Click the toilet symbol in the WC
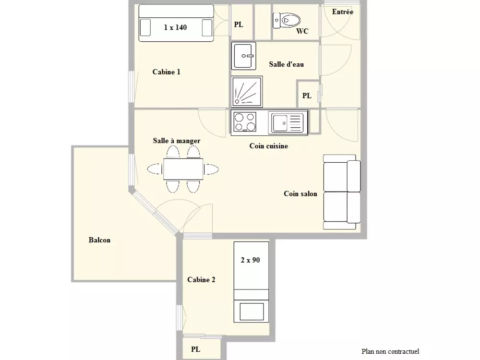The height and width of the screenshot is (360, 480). point(287,20)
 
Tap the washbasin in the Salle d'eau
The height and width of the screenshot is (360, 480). point(243,56)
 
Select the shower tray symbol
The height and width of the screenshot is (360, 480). point(247,91)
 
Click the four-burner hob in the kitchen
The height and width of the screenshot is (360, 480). point(245,122)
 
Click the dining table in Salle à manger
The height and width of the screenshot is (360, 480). point(183,169)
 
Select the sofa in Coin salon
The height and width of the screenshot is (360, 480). point(342,192)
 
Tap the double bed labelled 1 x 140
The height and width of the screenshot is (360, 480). point(175,24)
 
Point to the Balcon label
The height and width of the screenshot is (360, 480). point(99,240)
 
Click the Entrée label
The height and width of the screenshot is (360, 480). point(343,12)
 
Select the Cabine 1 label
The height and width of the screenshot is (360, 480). point(166,72)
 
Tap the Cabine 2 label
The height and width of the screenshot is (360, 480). point(201,279)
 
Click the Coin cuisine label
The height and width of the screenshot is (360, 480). point(268,146)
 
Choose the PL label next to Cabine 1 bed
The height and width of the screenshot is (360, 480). point(239,24)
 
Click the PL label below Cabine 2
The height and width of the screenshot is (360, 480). point(195,349)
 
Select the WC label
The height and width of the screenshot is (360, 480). point(302,31)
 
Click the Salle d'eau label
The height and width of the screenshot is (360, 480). point(286,64)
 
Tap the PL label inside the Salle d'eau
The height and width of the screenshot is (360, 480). point(307,96)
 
